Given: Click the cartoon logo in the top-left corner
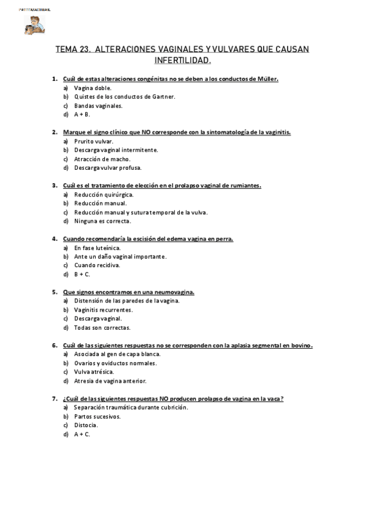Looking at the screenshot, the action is pos(31,25).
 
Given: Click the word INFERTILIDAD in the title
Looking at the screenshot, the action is pos(182,61).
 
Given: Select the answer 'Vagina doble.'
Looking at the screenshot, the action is pos(93,88).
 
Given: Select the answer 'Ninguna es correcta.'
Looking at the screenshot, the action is pos(102,221).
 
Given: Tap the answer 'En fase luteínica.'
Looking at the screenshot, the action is pos(97,248).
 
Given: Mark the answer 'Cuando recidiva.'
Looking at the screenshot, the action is pos(97,265).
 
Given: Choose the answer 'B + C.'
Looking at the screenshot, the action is pos(82,274).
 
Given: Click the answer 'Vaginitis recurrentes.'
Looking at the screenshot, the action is pos(104,310).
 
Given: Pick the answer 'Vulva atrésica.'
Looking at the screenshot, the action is pos(94,372).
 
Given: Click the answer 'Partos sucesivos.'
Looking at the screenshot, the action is pos(97,416).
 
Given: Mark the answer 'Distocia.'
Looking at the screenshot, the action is pos(86,425).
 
